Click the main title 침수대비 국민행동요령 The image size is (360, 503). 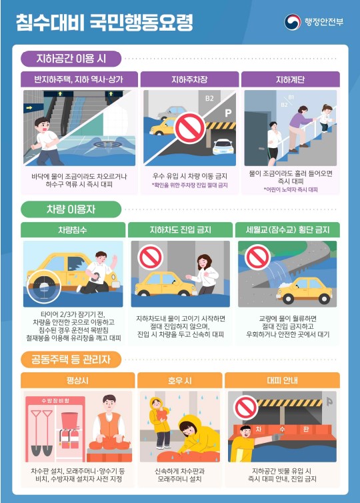click(105, 23)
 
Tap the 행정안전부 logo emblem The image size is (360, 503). click(293, 23)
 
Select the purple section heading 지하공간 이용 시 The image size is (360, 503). click(71, 59)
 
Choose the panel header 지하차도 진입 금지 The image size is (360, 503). click(179, 230)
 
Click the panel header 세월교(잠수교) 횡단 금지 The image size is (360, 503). click(287, 230)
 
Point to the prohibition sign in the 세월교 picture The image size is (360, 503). click(257, 257)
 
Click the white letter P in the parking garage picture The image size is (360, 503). click(227, 113)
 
